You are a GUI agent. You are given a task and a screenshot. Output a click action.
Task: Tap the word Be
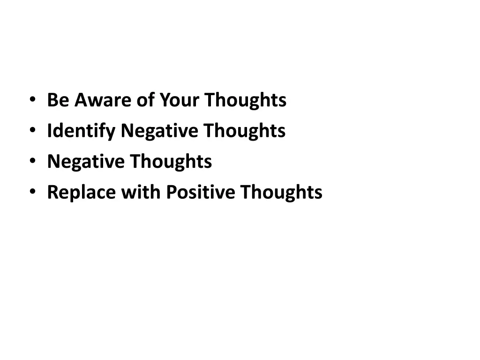tap(58, 100)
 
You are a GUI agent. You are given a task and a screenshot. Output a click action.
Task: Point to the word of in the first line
tap(146, 100)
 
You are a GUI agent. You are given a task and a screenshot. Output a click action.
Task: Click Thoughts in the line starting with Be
tap(245, 100)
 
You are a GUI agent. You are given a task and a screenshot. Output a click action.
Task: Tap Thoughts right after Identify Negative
tap(244, 131)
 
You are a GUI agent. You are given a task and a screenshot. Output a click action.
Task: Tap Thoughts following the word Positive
tap(281, 193)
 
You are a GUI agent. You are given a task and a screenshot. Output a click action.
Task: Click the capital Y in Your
tap(164, 100)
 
